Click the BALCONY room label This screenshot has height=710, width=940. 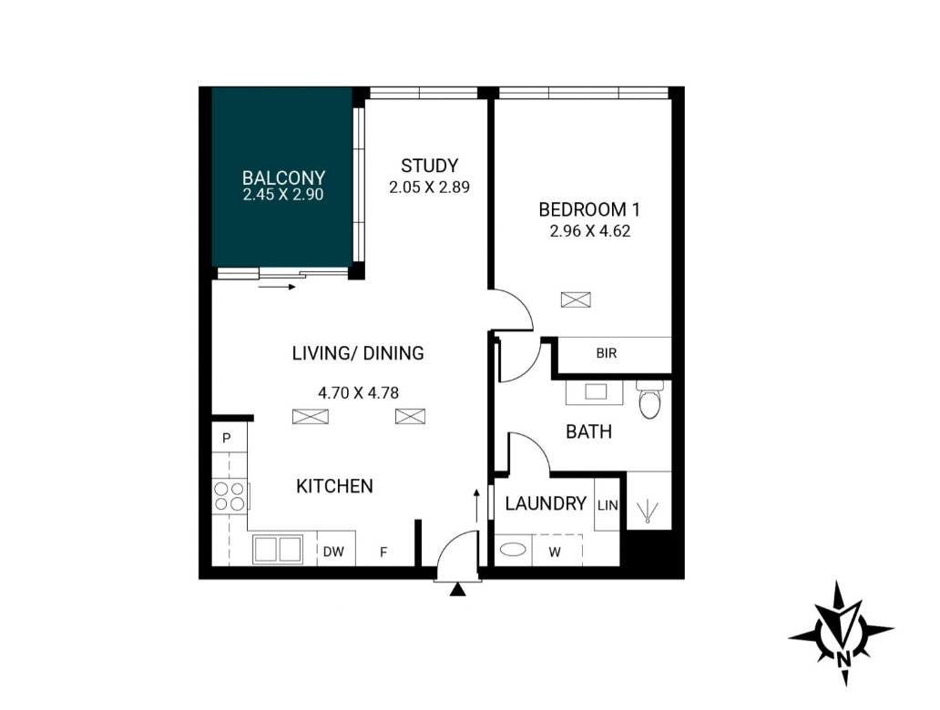[283, 177]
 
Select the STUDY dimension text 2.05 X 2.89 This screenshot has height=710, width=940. [429, 188]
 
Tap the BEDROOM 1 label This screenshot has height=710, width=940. [589, 209]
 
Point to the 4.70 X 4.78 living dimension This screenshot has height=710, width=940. [359, 393]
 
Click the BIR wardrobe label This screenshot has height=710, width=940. [607, 353]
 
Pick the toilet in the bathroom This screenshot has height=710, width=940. [649, 399]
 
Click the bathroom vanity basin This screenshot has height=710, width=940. [596, 392]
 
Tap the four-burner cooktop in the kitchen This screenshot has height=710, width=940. [230, 496]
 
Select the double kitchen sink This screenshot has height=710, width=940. [277, 550]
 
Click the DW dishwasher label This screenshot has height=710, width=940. [334, 552]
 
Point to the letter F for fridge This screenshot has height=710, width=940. [383, 552]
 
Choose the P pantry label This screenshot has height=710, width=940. [227, 438]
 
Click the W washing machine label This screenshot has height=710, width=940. [555, 553]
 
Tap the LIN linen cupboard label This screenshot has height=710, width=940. [608, 506]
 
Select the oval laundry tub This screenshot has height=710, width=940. [513, 550]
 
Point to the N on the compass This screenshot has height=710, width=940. [843, 659]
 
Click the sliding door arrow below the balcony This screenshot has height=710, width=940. [278, 287]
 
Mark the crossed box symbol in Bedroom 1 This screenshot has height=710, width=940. [576, 299]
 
